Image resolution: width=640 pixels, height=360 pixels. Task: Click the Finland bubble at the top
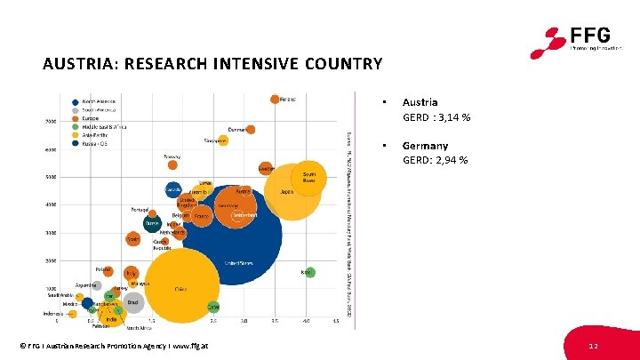point(276,100)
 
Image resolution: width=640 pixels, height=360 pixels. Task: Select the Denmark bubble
point(251,131)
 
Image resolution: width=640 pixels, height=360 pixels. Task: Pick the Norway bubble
point(173,164)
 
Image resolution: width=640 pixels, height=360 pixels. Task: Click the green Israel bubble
point(309,272)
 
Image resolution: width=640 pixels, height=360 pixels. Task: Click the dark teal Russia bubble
point(152,225)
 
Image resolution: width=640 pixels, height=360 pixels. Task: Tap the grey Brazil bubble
point(132,302)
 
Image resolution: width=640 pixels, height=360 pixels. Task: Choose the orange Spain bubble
point(132,238)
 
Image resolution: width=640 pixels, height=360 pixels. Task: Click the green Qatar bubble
point(213,307)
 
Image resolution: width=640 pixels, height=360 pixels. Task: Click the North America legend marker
point(77,101)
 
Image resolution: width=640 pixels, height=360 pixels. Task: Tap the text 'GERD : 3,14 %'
point(436,117)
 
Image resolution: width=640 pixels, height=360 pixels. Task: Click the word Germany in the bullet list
point(425,145)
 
